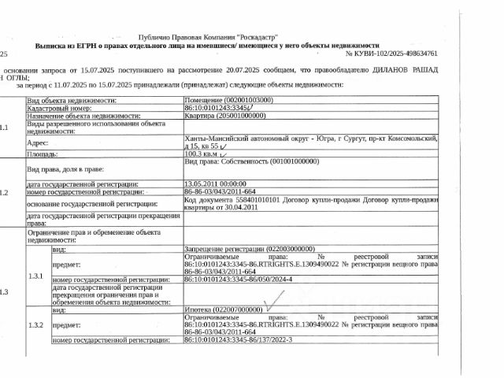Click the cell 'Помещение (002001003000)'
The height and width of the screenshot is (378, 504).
click(x=229, y=100)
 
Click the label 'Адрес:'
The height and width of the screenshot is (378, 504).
click(x=38, y=143)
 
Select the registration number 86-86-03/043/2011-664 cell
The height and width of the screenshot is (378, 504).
click(x=220, y=191)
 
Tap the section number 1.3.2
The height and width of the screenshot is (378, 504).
click(x=36, y=325)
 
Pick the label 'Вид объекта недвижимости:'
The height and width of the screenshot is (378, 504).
click(x=72, y=100)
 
